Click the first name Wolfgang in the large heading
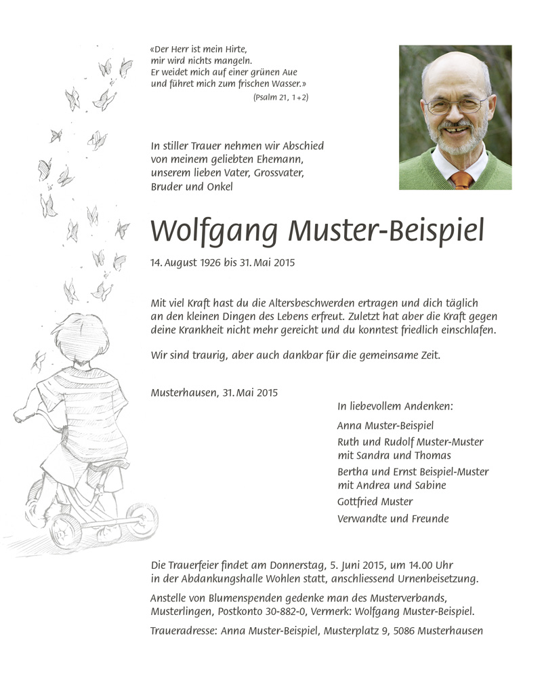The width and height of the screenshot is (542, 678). click(213, 232)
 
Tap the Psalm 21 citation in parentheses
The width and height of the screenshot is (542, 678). click(280, 98)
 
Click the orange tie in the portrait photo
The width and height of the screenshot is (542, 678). click(461, 180)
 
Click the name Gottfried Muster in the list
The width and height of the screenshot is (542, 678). click(375, 502)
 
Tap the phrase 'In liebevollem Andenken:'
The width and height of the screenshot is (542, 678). click(395, 407)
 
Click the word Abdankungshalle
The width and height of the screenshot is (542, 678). click(216, 579)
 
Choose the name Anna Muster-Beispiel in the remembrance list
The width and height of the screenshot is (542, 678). click(385, 426)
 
